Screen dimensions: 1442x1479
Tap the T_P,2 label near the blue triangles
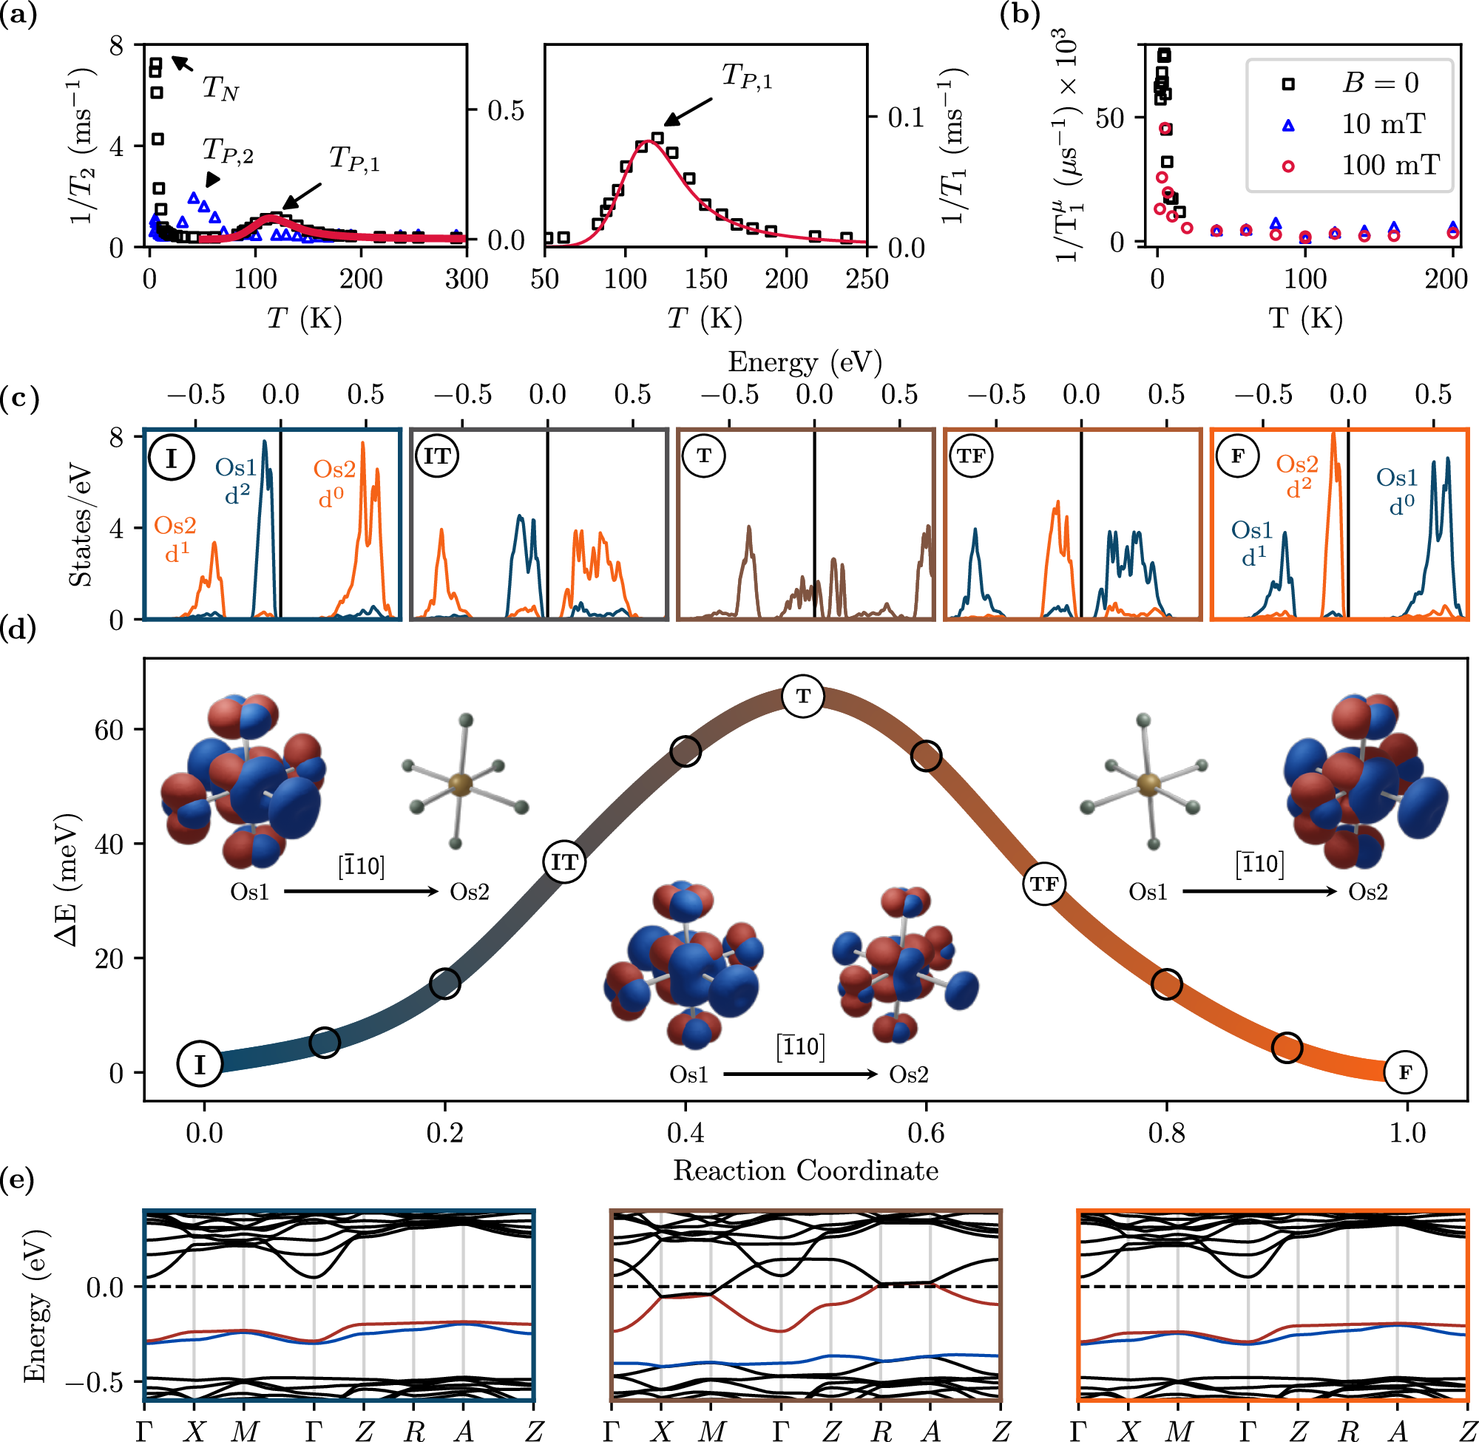click(227, 152)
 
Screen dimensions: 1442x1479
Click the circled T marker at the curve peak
click(803, 695)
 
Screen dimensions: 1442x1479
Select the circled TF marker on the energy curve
click(1043, 884)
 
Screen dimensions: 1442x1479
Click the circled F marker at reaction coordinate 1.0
click(1405, 1072)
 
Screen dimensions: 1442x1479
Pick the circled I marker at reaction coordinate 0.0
click(199, 1065)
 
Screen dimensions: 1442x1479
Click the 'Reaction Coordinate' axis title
click(805, 1171)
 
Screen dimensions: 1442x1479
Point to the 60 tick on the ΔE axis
click(107, 730)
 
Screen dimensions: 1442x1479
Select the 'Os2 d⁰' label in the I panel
click(334, 483)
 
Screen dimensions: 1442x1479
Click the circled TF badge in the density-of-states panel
click(971, 456)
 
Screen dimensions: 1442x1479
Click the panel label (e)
click(17, 1180)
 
